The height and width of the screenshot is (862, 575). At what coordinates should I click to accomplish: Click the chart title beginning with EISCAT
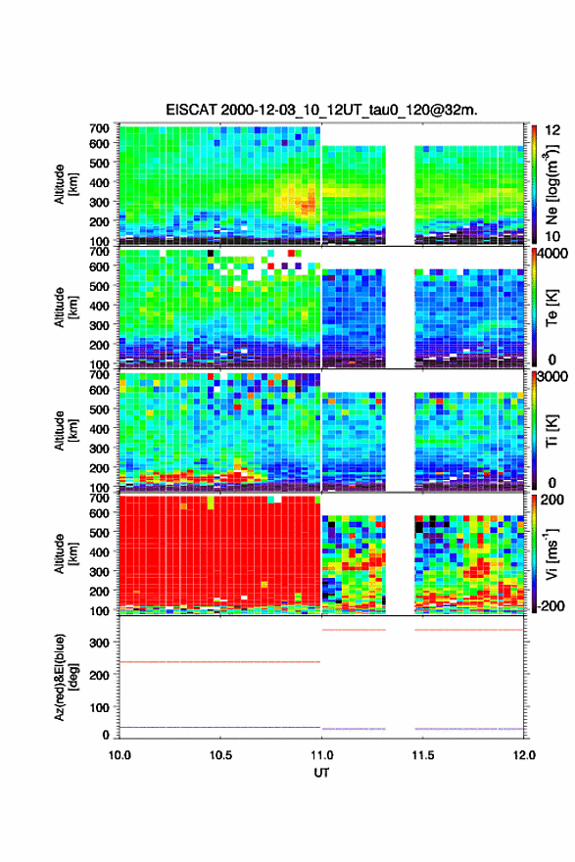[321, 110]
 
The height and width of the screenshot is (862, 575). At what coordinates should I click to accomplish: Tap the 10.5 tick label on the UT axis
[220, 755]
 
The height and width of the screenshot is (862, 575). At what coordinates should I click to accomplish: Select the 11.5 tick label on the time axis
[423, 755]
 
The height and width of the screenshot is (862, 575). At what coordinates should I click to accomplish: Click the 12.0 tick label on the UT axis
[524, 755]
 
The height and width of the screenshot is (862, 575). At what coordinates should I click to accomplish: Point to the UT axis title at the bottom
[321, 773]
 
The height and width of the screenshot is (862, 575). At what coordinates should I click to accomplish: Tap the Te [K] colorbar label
[551, 309]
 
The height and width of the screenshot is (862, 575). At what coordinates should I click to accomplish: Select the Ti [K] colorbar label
[551, 431]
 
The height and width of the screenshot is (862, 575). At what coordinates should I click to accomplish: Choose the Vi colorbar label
[551, 554]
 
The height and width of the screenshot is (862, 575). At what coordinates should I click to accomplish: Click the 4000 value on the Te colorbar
[552, 255]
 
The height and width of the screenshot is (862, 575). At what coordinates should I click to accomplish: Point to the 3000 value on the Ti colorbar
[552, 377]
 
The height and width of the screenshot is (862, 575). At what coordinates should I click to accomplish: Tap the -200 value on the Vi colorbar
[549, 605]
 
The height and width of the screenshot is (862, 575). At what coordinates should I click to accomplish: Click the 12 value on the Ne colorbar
[552, 130]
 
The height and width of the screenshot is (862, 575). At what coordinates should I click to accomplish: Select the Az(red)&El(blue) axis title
[66, 677]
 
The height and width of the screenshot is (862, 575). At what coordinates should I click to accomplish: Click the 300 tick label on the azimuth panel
[100, 643]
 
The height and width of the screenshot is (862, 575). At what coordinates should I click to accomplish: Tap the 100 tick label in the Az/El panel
[100, 707]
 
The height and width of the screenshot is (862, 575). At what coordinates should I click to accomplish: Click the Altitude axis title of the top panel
[66, 184]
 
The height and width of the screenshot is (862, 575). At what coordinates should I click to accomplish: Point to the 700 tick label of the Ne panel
[100, 128]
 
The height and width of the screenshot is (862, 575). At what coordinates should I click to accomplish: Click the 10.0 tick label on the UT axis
[120, 755]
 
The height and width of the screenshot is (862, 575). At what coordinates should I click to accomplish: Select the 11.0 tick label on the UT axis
[321, 755]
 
